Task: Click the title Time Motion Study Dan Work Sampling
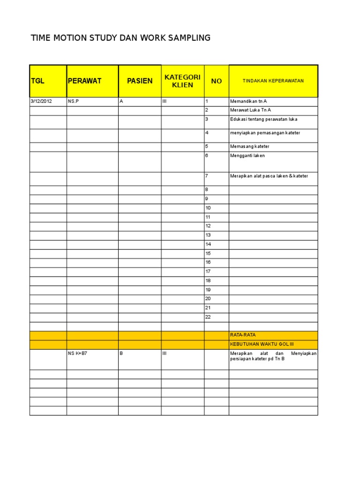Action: pos(120,38)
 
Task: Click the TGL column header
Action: pos(37,81)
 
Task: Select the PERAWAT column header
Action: pos(85,81)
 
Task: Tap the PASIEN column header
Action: pos(140,81)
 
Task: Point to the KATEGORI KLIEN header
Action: pos(183,81)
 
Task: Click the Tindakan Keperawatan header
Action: pos(273,81)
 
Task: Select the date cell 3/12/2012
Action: pos(42,101)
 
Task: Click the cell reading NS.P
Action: pos(74,101)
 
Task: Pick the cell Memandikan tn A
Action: pos(248,101)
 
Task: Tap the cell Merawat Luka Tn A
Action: pos(250,110)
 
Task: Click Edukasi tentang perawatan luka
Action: pos(263,120)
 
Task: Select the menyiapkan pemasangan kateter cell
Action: pos(265,133)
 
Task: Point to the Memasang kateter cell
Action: pos(249,147)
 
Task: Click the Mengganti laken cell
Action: pos(247,156)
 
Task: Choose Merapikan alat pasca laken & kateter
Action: pos(269,176)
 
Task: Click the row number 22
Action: pos(208,317)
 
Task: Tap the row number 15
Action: pos(208,254)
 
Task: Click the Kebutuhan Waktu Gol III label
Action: pos(255,345)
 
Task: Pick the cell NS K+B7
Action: pos(78,354)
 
